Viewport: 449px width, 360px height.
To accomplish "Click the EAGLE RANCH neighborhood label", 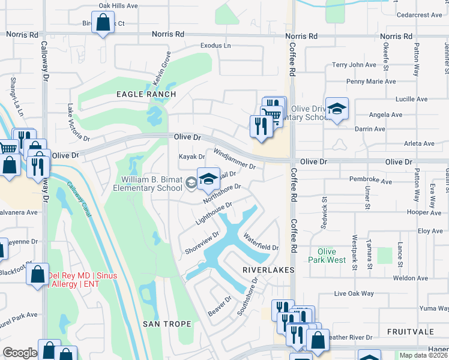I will tap(146, 94).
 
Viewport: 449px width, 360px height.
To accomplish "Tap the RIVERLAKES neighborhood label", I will tap(268, 271).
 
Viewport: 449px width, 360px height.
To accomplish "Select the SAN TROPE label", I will tap(167, 324).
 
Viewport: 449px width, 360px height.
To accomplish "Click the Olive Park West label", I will tap(327, 256).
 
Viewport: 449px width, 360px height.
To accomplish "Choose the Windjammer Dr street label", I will tap(235, 159).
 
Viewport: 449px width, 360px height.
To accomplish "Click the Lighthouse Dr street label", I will tap(214, 214).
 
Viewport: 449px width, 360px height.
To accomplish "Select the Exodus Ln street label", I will tap(215, 46).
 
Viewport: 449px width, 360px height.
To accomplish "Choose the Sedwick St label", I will tap(325, 208).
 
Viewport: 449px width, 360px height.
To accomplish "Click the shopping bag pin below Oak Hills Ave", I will tap(103, 23).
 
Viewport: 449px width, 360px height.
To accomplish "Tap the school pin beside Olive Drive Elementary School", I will tap(337, 110).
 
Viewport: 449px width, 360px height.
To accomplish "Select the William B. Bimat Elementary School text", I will tap(152, 184).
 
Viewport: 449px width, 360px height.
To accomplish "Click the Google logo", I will tap(20, 353).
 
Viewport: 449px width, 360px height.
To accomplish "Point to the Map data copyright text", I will tap(423, 355).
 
